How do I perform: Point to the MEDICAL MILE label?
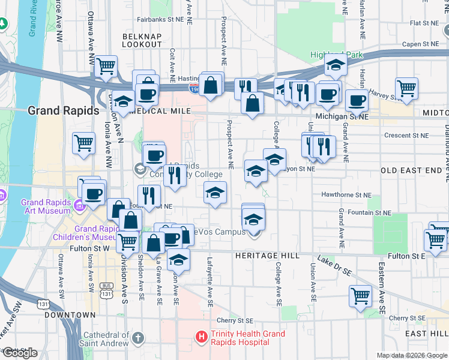coord(164,112)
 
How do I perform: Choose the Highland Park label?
coord(337,55)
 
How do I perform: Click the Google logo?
coord(20,353)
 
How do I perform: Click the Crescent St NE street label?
coord(405,136)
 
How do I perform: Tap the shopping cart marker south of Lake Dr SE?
coord(360,295)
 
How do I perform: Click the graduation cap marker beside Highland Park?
coord(336,65)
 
